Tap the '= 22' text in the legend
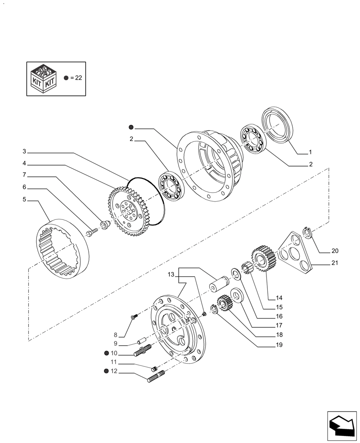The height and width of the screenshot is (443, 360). pos(76,78)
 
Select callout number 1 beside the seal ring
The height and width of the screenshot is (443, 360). pos(310,152)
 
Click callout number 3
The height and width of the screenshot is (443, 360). pos(24,152)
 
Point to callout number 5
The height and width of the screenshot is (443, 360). pos(24,199)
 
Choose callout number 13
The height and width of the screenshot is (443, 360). pos(171,275)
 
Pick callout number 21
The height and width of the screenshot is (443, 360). pos(334,263)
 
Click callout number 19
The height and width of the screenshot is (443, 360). pos(279,344)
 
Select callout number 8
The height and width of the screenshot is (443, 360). pos(115,335)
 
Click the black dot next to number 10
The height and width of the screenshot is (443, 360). pos(107,353)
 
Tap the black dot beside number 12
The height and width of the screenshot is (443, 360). pos(107,371)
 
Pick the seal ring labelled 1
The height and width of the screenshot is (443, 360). pos(277,126)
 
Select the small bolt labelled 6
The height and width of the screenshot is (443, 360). pos(92,232)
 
